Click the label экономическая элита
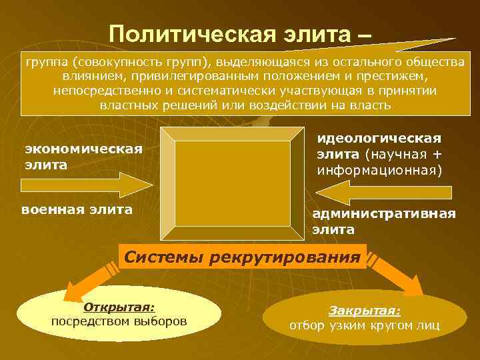click(83, 156)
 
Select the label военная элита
click(77, 209)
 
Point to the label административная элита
click(384, 221)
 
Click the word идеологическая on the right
click(379, 138)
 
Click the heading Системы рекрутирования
click(243, 257)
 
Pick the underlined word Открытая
click(119, 307)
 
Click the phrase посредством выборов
click(119, 321)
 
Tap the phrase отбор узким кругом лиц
click(364, 326)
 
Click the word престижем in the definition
click(390, 77)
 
